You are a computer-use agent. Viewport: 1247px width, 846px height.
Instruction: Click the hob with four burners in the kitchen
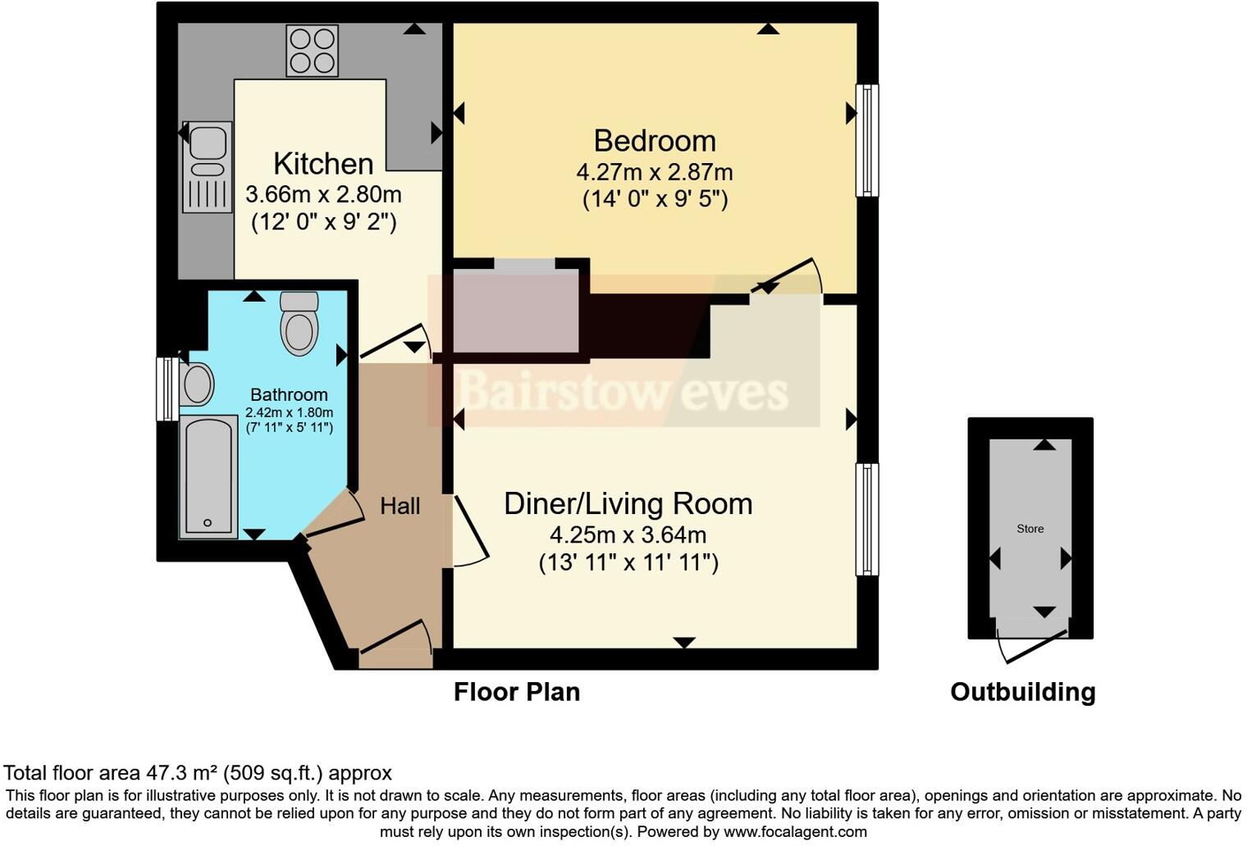coord(312,51)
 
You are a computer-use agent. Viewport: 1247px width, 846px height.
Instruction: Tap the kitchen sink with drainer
coord(207,166)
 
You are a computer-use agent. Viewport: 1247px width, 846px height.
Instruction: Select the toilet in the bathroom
coord(299,323)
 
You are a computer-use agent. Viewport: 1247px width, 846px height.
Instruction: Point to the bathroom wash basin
coord(197,384)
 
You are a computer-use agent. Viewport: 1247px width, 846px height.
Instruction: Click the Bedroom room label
coord(654,141)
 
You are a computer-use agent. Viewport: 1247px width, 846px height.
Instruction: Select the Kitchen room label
coord(323,164)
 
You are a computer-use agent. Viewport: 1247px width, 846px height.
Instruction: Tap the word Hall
coord(400,507)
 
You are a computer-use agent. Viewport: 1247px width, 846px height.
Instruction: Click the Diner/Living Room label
coord(628,503)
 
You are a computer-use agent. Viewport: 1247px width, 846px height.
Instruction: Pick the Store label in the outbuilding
coord(1030,529)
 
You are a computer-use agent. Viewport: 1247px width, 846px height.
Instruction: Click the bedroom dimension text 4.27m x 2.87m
coord(654,173)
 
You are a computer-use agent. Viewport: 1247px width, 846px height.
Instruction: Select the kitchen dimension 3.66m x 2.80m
coord(323,195)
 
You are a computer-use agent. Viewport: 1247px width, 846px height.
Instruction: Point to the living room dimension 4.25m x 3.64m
coord(628,535)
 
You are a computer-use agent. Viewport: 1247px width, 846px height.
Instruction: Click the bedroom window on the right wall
coord(867,140)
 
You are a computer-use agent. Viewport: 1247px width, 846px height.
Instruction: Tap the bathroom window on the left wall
coord(167,389)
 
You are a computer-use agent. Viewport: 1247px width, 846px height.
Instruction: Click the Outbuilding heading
coord(1022,692)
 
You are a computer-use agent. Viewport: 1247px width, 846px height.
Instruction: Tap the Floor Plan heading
coord(517,692)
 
